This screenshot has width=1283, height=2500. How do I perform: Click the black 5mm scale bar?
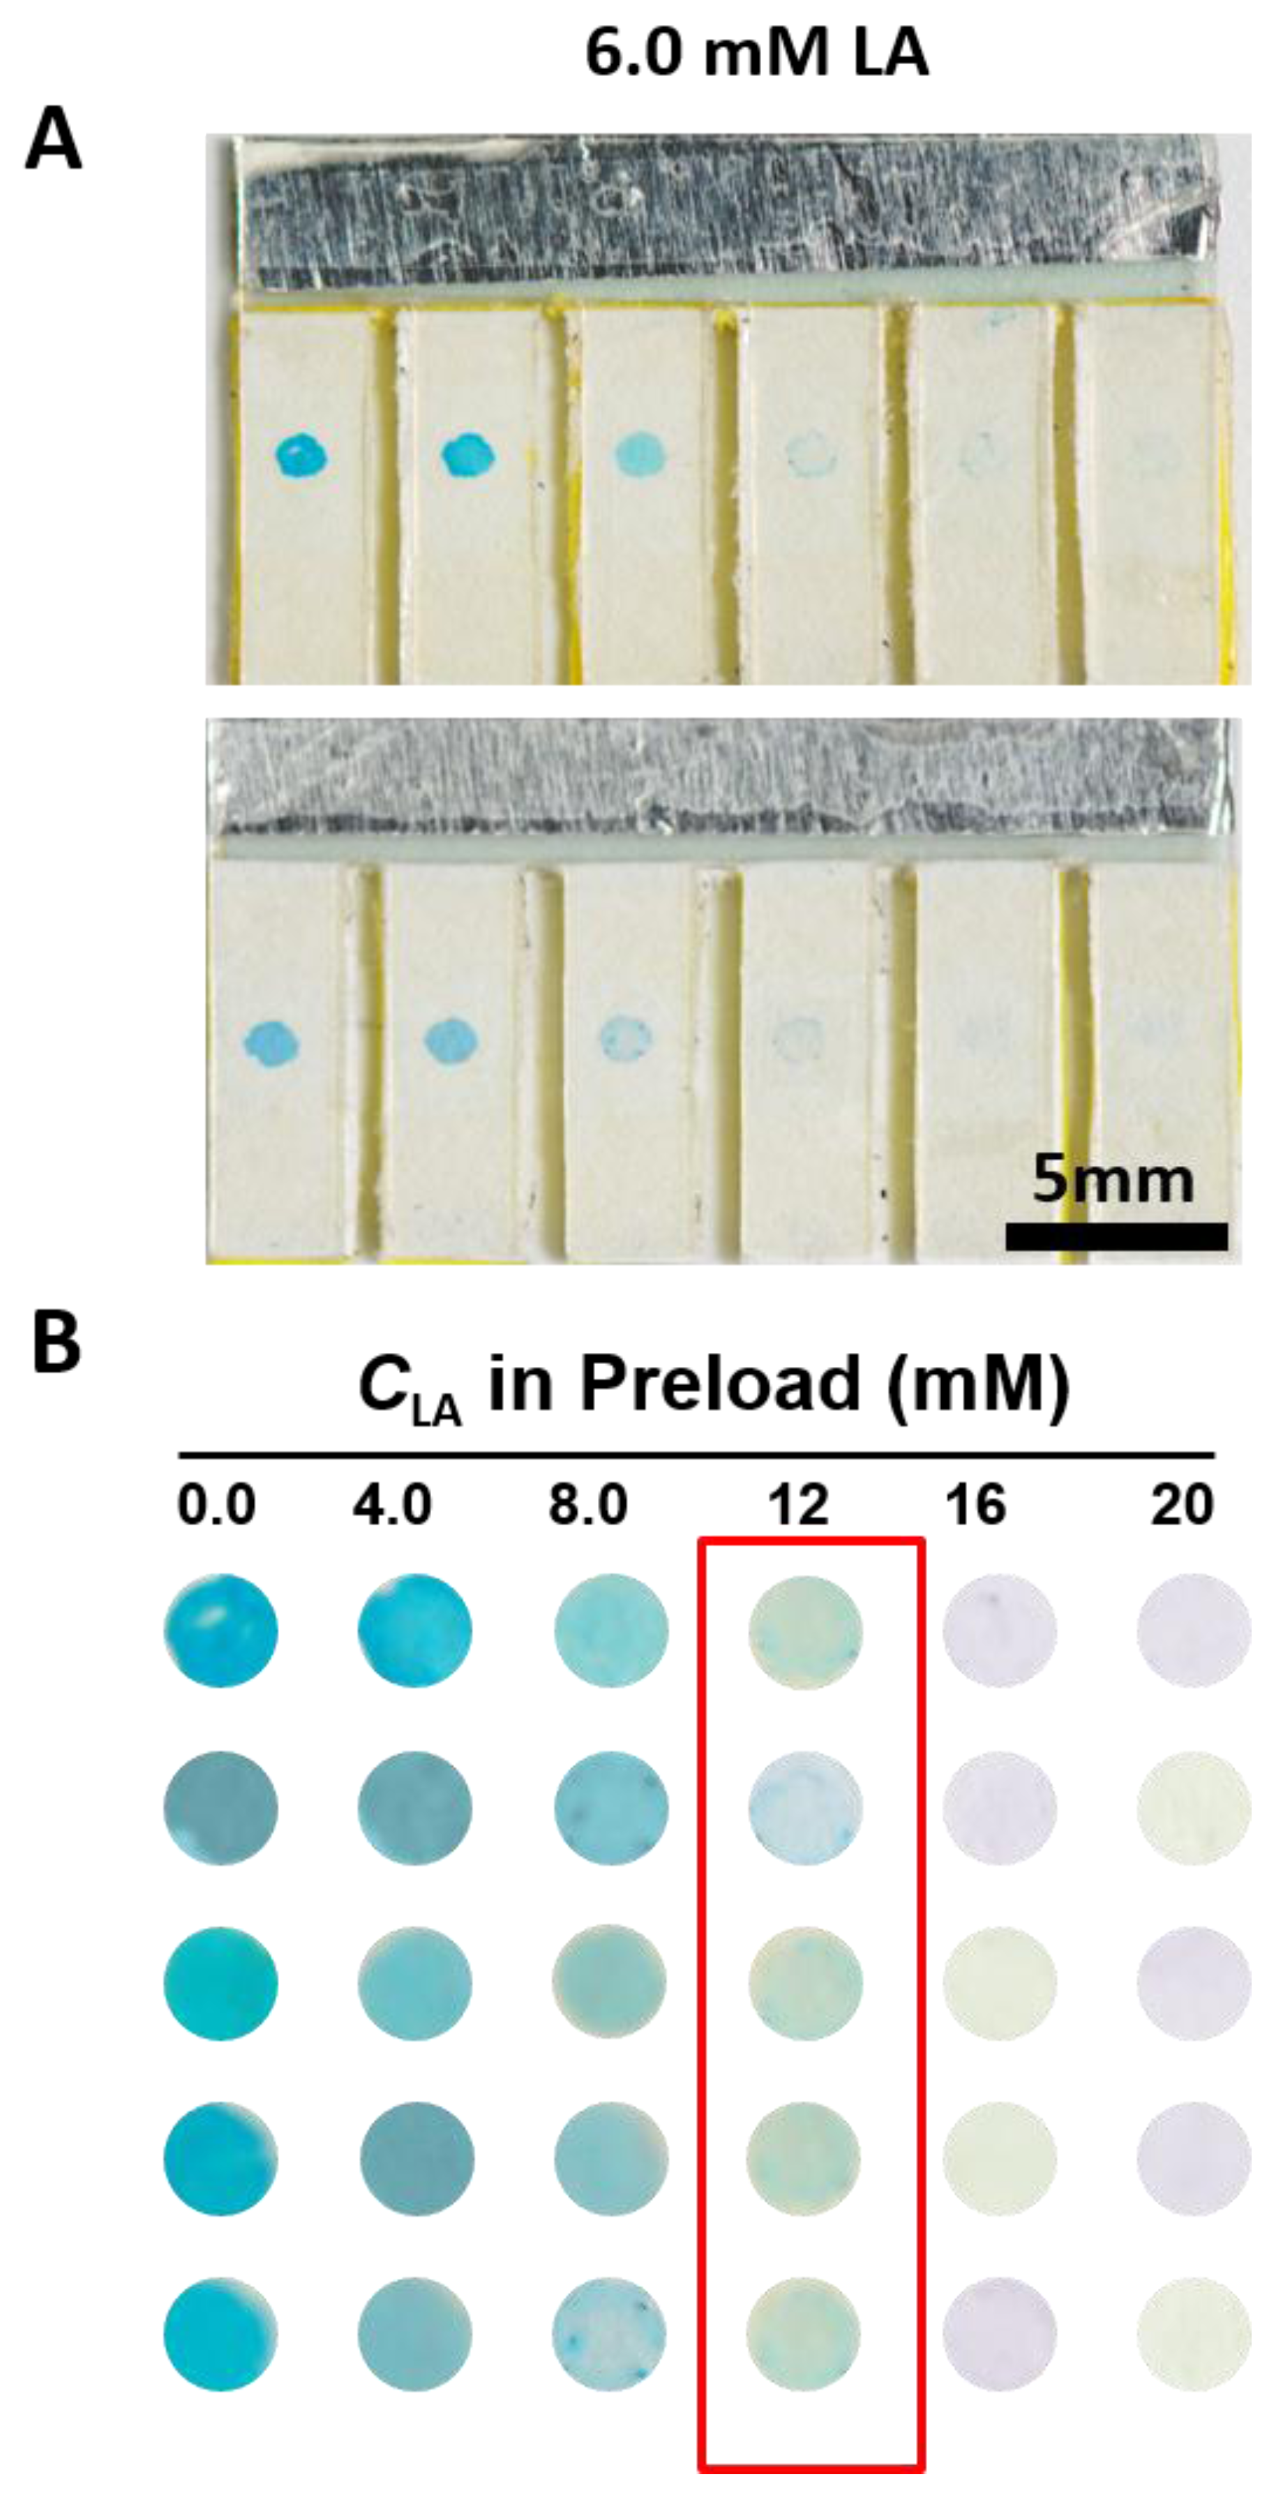[x=1116, y=1236]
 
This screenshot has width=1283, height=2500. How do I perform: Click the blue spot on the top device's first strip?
[x=302, y=454]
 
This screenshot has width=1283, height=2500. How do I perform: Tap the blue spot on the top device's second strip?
[x=469, y=454]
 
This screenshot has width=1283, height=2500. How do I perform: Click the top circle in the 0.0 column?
[x=220, y=1631]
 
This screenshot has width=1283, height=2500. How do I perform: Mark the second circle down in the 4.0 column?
[x=414, y=1807]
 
